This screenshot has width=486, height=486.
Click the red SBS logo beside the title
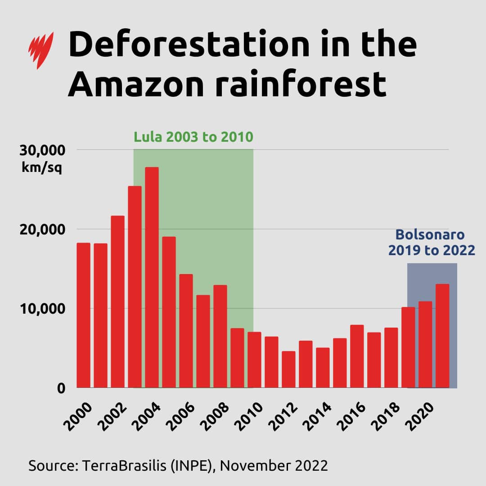41,50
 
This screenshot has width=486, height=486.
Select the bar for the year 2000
83,315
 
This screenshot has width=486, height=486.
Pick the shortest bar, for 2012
288,369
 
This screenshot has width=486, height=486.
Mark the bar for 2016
357,356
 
